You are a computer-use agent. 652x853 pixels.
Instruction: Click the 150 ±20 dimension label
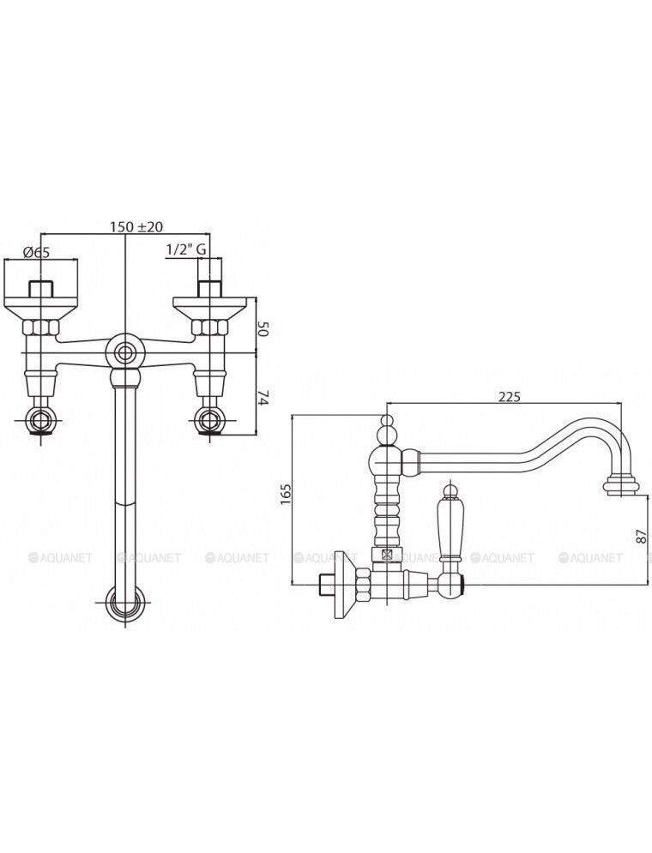(129, 227)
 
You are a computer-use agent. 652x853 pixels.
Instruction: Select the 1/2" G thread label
(185, 249)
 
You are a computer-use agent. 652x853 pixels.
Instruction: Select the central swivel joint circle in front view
(126, 352)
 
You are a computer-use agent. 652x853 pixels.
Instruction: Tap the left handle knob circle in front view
(40, 419)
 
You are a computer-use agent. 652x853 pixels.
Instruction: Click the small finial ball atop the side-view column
(386, 422)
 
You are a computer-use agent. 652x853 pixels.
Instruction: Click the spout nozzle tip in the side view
(621, 485)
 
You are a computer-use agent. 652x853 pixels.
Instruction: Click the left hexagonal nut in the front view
(40, 327)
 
